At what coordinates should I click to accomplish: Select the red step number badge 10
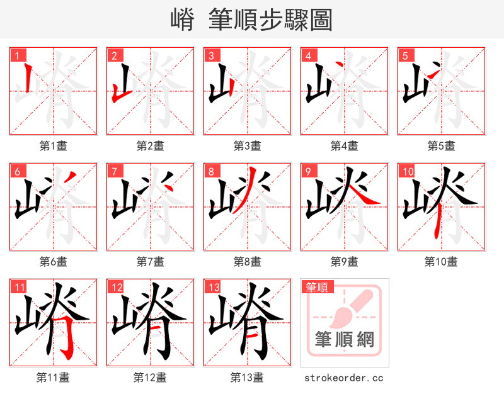click(406, 171)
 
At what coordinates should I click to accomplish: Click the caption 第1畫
click(53, 146)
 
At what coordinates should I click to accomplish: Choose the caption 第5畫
click(441, 146)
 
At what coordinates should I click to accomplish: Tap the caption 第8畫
click(247, 262)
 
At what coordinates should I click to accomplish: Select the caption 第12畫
click(150, 378)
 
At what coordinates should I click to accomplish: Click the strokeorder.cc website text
click(344, 378)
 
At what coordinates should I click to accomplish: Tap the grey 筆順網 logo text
click(345, 340)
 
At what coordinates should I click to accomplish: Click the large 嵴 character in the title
click(183, 20)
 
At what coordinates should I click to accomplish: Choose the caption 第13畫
click(247, 378)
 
